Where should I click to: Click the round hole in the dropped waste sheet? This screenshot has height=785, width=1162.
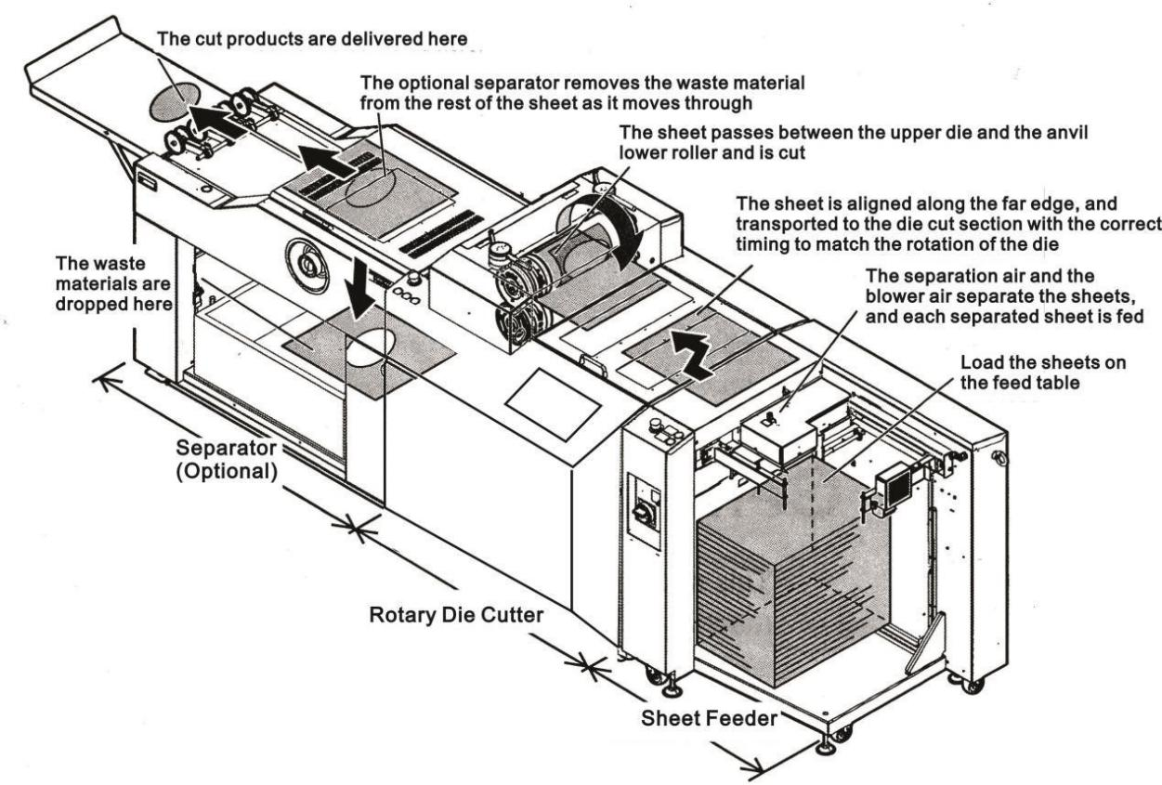pyautogui.click(x=370, y=342)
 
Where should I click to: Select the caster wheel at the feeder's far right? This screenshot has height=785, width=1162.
pyautogui.click(x=973, y=686)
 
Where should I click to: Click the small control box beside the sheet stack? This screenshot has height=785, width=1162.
pyautogui.click(x=893, y=484)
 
